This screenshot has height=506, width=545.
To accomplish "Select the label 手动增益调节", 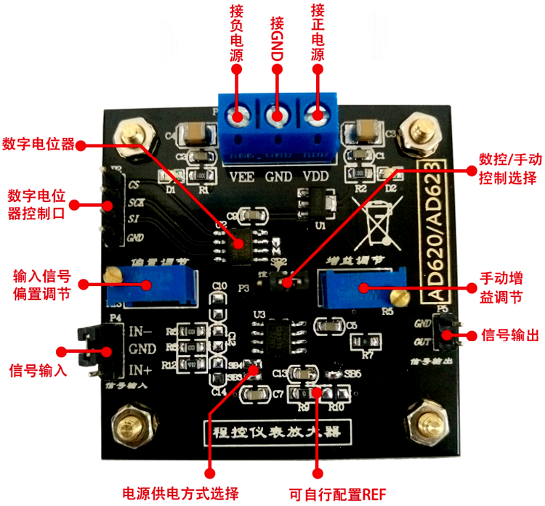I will pos(501,287).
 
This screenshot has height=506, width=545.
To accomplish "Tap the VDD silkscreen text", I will pos(316,176).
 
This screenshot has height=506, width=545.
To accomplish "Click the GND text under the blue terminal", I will pos(278,176).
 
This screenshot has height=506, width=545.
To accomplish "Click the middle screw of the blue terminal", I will pos(278,116).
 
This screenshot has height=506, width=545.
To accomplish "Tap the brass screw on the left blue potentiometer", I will pos(113,274).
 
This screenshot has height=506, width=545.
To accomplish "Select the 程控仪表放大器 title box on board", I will pos(272,434).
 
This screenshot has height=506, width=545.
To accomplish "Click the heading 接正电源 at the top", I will pos(317,33).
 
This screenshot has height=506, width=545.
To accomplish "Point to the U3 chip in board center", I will pos(278,335).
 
